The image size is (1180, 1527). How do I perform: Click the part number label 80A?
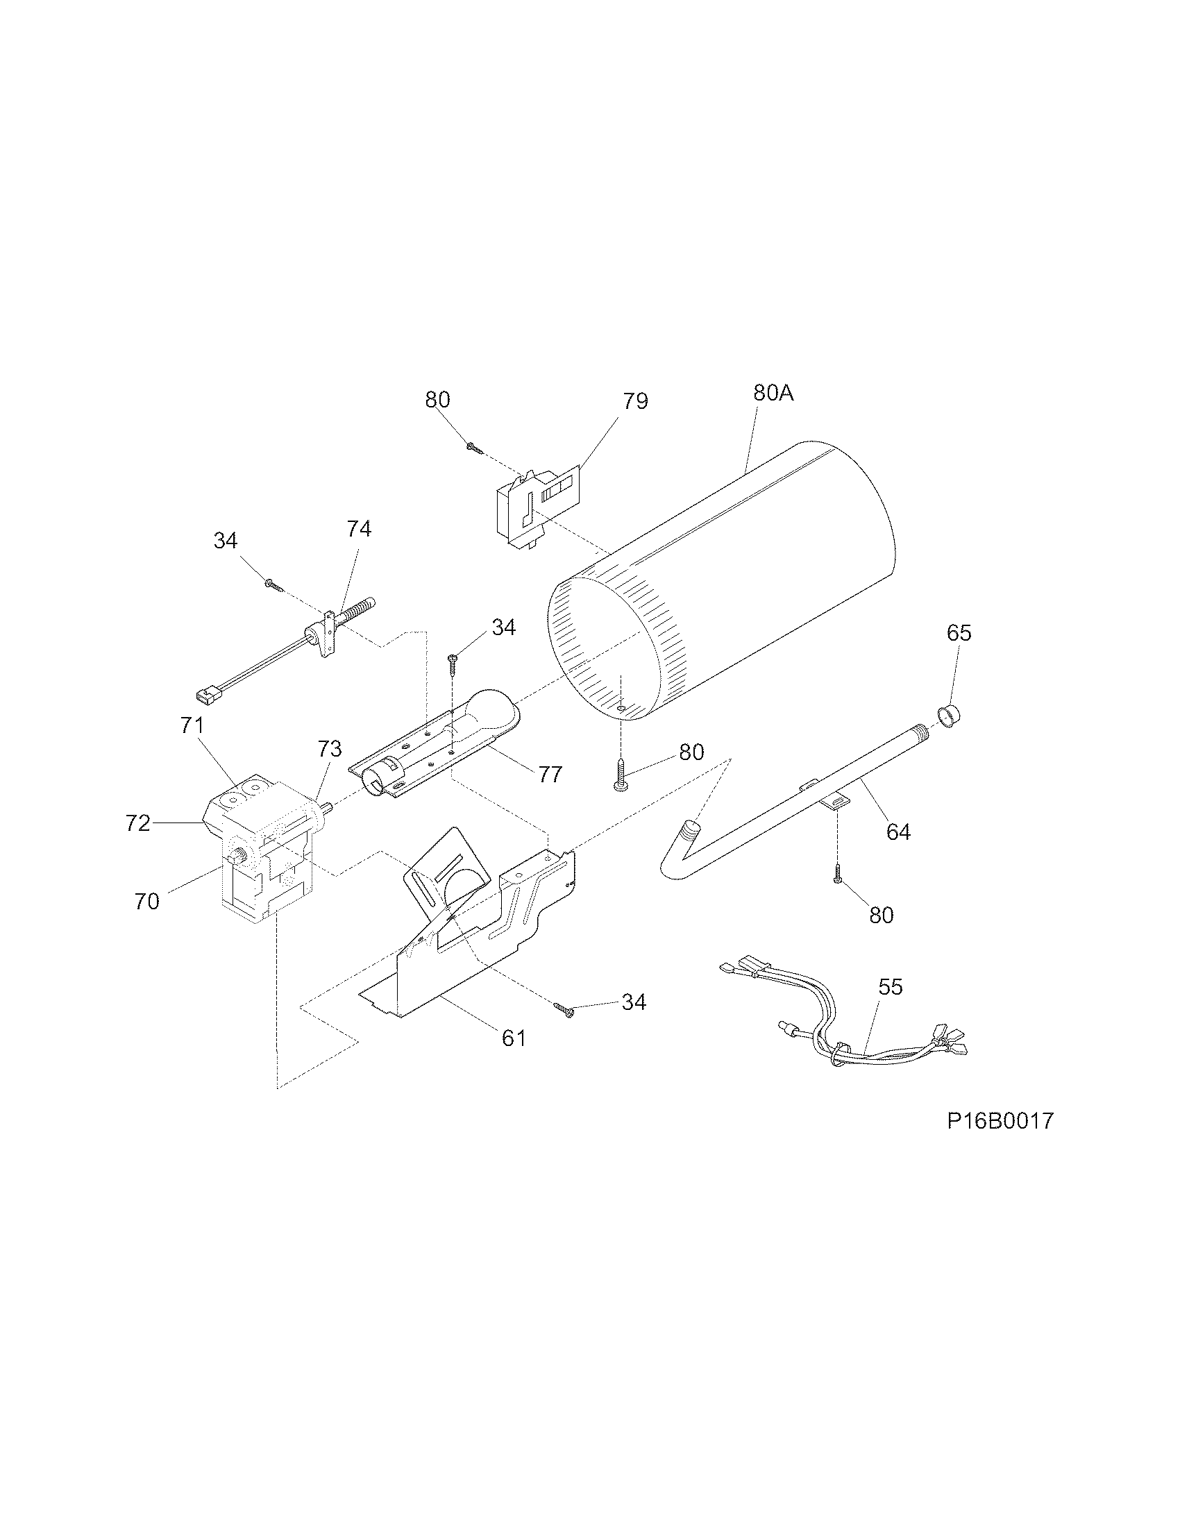pyautogui.click(x=773, y=393)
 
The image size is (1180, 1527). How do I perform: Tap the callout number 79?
pyautogui.click(x=634, y=400)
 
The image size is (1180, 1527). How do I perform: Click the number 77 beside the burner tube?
pyautogui.click(x=550, y=775)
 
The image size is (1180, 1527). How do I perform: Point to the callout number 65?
pyautogui.click(x=959, y=633)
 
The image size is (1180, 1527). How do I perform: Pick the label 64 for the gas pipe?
pyautogui.click(x=897, y=832)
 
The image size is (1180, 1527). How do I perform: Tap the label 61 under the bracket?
pyautogui.click(x=514, y=1038)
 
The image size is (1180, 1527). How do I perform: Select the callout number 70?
pyautogui.click(x=146, y=902)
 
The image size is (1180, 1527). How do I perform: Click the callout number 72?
pyautogui.click(x=137, y=824)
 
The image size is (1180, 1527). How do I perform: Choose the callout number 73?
pyautogui.click(x=329, y=749)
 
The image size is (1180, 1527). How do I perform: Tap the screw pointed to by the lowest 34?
pyautogui.click(x=564, y=1008)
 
